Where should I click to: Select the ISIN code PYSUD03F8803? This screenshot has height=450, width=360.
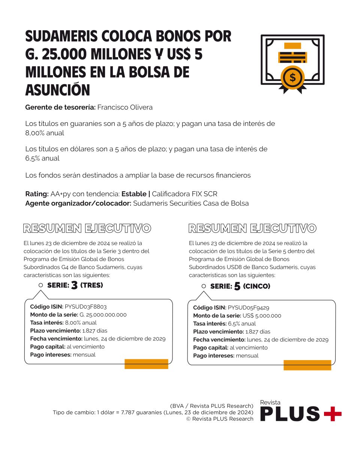tap(88, 306)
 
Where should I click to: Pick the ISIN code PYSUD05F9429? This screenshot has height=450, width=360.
tap(251, 307)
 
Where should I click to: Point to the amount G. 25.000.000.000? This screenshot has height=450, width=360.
tap(103, 315)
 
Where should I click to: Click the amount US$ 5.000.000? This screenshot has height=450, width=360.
tap(262, 316)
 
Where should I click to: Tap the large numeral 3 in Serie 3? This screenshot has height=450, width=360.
tap(74, 286)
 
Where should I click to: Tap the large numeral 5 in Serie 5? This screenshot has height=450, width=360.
tap(237, 287)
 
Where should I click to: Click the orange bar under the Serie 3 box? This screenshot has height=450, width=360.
tap(146, 364)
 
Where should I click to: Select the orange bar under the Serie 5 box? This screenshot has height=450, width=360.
tap(307, 365)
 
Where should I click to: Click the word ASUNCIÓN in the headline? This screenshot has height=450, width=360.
tap(58, 90)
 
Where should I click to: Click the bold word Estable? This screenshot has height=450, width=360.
tap(134, 194)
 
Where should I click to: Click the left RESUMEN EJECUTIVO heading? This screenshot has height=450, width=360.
tap(87, 228)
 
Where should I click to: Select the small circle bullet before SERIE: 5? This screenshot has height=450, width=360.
tap(204, 286)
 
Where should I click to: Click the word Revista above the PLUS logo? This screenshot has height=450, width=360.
tap(270, 402)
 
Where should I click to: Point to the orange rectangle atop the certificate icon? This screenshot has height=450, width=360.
tap(292, 46)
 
